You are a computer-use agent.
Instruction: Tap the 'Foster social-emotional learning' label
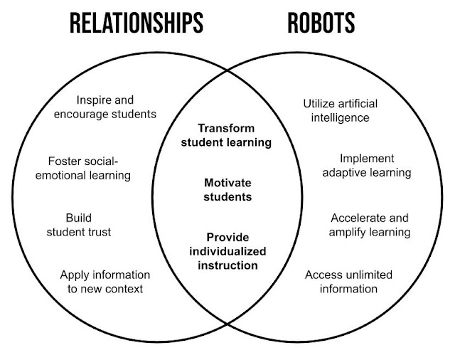89,168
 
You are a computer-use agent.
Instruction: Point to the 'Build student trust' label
80,225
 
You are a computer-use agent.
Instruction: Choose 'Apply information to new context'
105,281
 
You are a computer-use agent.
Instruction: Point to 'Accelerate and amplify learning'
370,225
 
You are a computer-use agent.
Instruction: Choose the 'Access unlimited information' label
348,281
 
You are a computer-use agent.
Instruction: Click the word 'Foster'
63,161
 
